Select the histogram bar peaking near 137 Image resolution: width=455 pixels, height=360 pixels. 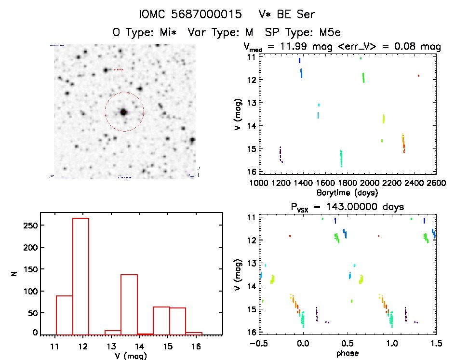tap(129, 304)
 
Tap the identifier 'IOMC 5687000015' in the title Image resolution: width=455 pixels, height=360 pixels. tap(190, 15)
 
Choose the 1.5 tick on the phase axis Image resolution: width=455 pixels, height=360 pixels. tap(436, 343)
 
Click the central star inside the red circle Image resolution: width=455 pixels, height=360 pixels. tap(124, 112)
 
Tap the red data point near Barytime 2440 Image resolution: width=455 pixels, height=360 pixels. tap(418, 76)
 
